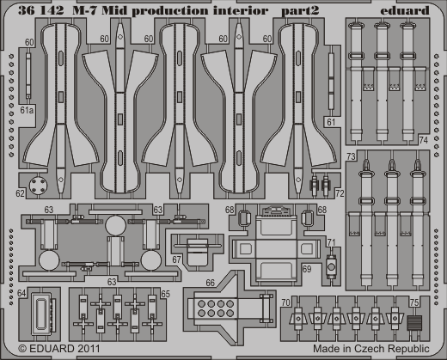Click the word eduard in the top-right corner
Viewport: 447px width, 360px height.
click(405, 10)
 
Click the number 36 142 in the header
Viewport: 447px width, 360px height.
click(41, 10)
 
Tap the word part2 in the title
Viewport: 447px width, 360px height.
click(300, 11)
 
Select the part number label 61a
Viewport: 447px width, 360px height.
click(27, 110)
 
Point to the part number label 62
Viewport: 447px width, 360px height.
click(20, 193)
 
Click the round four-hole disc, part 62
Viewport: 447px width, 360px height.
click(39, 186)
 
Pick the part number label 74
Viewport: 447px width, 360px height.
click(423, 140)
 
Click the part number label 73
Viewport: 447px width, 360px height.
click(351, 156)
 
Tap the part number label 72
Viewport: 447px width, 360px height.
click(340, 193)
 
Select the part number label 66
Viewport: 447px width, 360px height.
click(210, 283)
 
